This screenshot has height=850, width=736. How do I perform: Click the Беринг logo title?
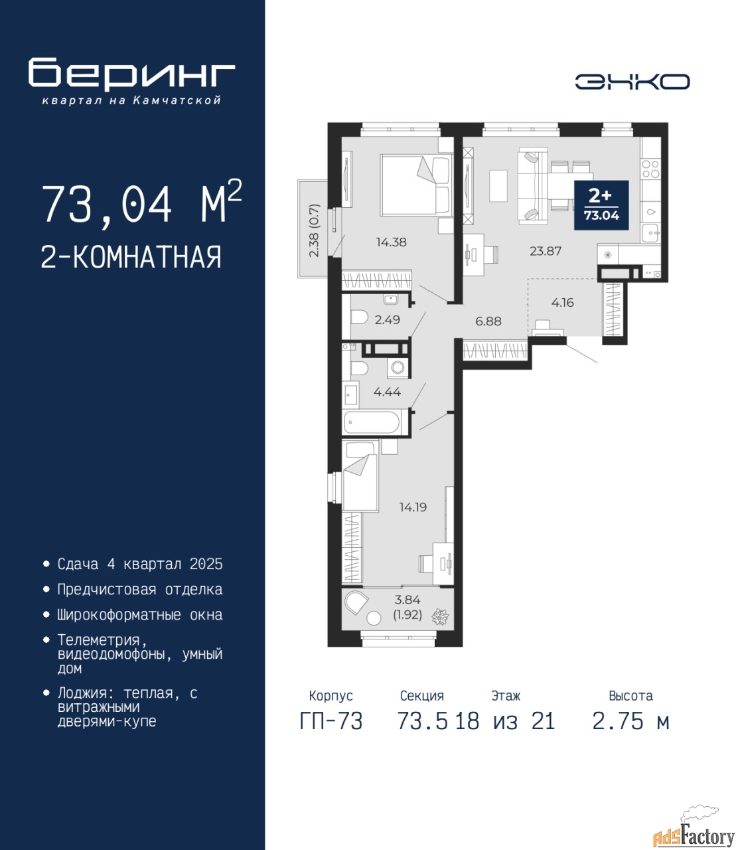(x=131, y=73)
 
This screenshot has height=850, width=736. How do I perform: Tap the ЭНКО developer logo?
(x=632, y=82)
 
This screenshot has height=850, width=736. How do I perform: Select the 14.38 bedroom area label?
(x=391, y=242)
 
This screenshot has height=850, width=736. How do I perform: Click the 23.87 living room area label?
(x=546, y=251)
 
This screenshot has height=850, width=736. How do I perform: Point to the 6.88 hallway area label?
(x=488, y=321)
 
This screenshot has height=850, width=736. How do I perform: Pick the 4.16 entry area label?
(x=562, y=303)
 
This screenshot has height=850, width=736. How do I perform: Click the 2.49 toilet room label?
(x=387, y=319)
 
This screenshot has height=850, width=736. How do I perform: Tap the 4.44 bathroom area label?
(x=387, y=392)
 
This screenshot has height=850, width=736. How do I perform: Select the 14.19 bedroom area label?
(x=413, y=507)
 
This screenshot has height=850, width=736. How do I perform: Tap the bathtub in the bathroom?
(x=372, y=423)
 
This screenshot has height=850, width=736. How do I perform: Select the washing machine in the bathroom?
(x=398, y=367)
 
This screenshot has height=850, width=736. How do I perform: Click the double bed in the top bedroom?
(x=416, y=185)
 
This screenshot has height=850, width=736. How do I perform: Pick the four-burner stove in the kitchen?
(x=650, y=169)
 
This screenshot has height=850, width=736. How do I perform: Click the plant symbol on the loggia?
(x=440, y=616)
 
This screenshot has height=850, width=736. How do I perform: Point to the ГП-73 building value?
(x=331, y=721)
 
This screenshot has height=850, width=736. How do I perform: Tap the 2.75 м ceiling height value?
(x=630, y=721)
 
